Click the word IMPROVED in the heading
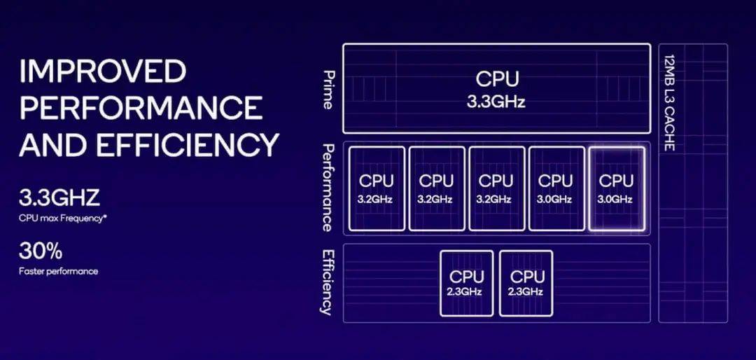click(x=103, y=71)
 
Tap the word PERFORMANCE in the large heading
click(x=141, y=108)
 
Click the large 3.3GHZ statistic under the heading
click(x=59, y=198)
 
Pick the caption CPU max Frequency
click(x=61, y=219)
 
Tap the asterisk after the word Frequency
click(x=105, y=217)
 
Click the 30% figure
click(x=41, y=251)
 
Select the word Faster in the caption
click(x=30, y=271)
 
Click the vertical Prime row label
click(x=328, y=90)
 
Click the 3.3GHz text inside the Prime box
click(x=496, y=103)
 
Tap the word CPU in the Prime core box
click(x=497, y=79)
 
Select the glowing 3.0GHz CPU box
click(x=616, y=188)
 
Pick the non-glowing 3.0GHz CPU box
click(x=556, y=188)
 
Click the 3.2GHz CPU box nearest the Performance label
click(x=377, y=188)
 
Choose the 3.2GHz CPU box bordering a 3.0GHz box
click(x=496, y=188)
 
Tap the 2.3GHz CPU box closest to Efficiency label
click(x=466, y=283)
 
